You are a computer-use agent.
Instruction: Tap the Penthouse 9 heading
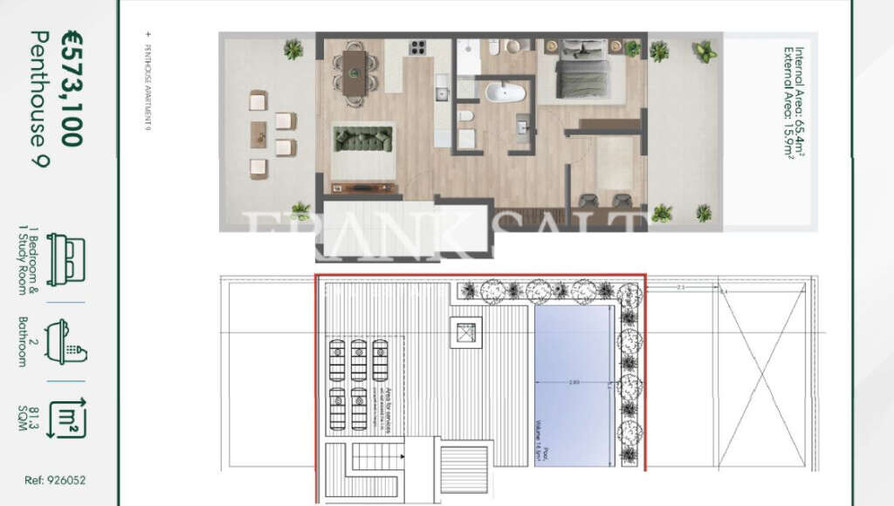pos(41,98)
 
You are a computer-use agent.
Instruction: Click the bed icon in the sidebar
pos(65,259)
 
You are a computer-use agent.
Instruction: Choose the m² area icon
pos(66,418)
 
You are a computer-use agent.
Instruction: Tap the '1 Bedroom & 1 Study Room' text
pos(29,259)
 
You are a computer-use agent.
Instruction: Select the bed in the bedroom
pos(581,69)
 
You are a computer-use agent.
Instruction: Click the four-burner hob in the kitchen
pos(416,48)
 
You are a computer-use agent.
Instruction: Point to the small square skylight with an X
pos(464,332)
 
